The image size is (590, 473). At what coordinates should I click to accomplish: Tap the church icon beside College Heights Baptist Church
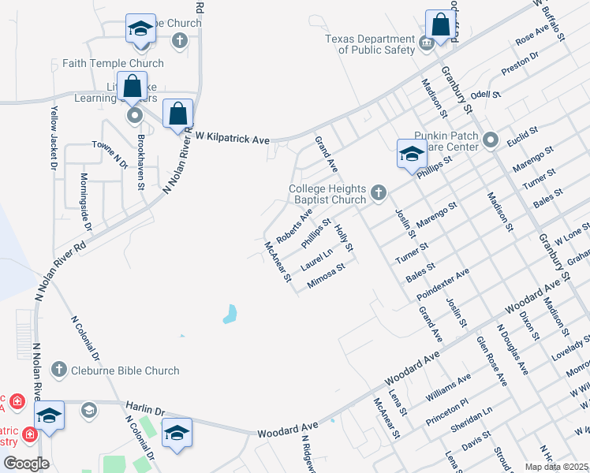click(x=379, y=190)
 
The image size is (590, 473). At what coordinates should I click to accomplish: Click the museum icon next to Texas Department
click(x=426, y=43)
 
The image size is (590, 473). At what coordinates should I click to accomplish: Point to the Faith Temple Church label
click(x=114, y=64)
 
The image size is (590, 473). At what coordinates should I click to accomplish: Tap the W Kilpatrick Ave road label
click(x=233, y=138)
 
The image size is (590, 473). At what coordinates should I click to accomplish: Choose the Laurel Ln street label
click(x=316, y=256)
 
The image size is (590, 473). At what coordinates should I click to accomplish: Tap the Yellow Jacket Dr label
click(x=53, y=138)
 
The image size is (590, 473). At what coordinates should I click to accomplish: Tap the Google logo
click(x=26, y=463)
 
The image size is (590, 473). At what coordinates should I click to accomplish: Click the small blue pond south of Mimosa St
click(x=230, y=315)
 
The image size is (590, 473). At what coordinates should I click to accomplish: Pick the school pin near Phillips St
click(x=411, y=154)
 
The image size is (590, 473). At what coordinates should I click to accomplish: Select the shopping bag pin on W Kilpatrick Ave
click(x=177, y=113)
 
